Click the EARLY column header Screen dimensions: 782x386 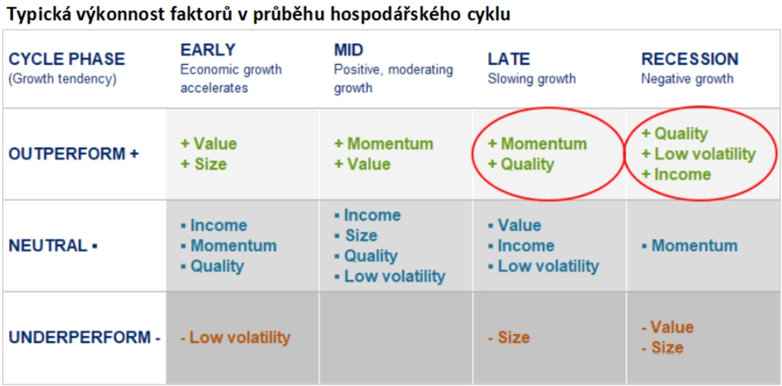208,50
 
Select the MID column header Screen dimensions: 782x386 348,50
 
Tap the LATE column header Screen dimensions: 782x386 508,60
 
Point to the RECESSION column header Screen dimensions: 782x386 690,60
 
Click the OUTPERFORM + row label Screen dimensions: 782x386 73,154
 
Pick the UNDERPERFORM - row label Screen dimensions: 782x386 84,338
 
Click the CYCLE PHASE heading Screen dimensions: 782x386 67,60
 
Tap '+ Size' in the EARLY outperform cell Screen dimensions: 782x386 203,164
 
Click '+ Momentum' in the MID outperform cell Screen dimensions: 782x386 383,144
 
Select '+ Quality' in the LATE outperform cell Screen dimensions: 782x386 521,164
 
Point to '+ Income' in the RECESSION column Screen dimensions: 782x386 676,174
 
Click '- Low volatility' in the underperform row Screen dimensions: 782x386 235,338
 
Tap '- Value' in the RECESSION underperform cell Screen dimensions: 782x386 667,328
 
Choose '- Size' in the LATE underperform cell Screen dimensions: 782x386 508,338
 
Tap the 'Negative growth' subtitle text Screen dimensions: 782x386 687,79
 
